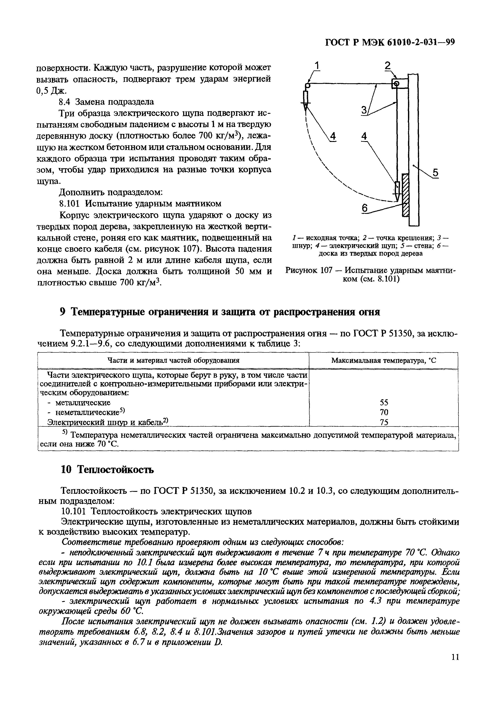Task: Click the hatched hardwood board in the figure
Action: [x=405, y=195]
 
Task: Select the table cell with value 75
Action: [x=384, y=422]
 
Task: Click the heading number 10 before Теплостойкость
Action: [x=65, y=470]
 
